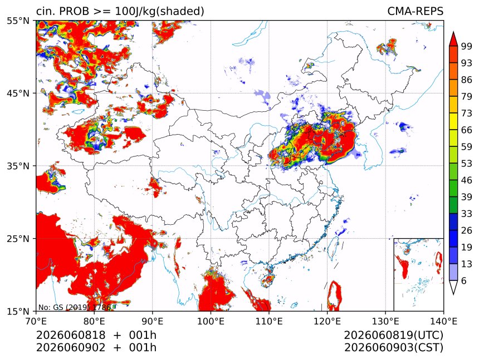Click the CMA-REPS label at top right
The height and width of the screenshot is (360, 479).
coord(415,11)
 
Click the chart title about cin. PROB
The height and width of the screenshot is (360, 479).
coord(120,11)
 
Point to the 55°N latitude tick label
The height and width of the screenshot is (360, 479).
coord(18,21)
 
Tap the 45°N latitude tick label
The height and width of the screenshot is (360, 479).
coord(18,93)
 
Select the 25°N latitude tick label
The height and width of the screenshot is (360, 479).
coord(18,238)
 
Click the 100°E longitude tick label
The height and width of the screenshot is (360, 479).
coord(211,321)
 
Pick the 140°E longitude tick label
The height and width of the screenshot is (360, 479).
coord(443,321)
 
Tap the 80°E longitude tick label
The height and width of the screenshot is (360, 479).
coord(94,321)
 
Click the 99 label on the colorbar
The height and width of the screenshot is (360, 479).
coord(467,46)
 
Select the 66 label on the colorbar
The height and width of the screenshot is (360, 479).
coord(467,130)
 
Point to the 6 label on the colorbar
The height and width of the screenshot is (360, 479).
coord(464,280)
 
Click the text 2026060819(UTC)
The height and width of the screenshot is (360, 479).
coord(393,335)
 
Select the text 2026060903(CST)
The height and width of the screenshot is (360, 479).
coord(393,348)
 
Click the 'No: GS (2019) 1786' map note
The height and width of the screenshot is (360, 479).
coord(74,307)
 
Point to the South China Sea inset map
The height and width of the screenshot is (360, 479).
coord(418,274)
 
